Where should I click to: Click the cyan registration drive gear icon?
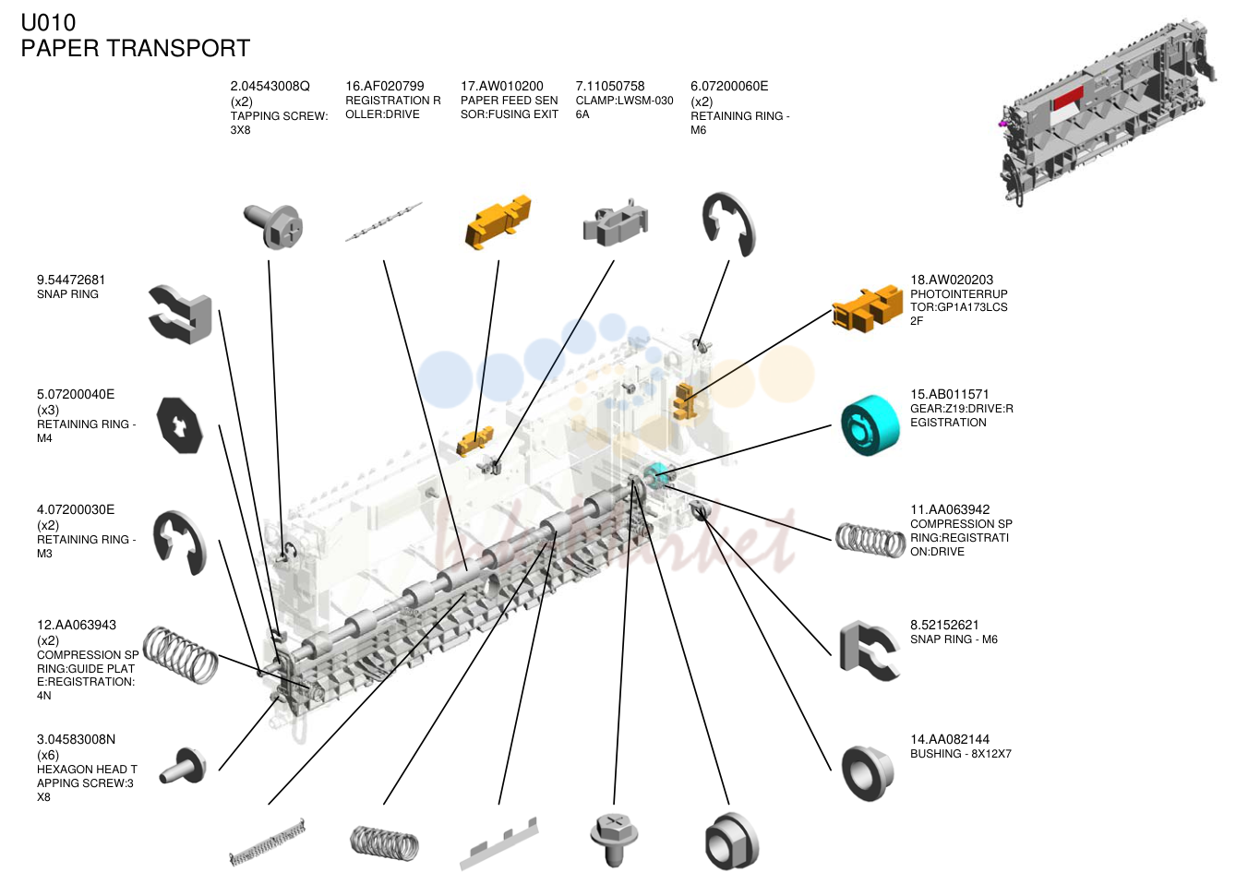870,425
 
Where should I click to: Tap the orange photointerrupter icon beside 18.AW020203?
868,307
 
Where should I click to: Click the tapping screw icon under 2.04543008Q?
273,226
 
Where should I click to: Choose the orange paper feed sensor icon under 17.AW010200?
498,221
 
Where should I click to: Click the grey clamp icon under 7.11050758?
616,221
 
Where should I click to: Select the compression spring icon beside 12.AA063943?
180,654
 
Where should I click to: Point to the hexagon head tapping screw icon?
184,767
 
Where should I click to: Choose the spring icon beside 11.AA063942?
870,541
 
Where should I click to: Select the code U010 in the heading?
48,23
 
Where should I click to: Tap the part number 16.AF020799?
385,87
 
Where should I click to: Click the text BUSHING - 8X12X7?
961,754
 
